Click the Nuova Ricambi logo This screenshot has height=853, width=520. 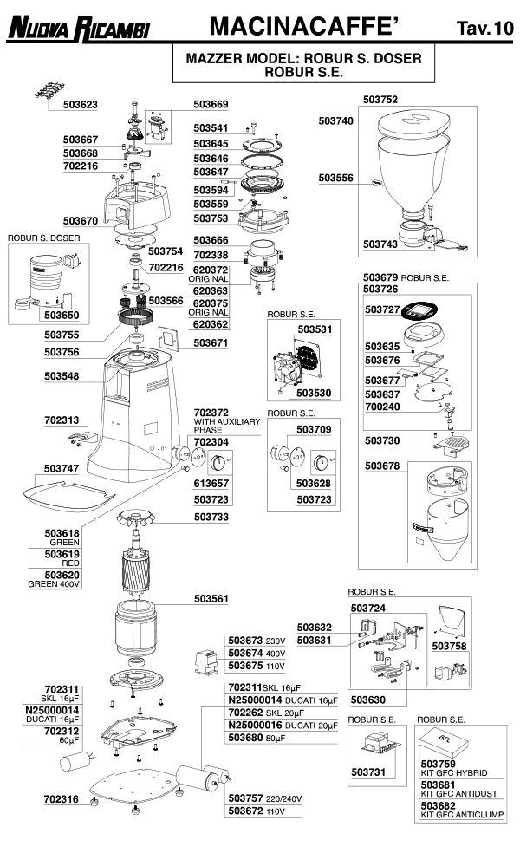point(79,28)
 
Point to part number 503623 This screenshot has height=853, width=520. point(80,105)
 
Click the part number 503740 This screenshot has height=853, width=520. point(335,121)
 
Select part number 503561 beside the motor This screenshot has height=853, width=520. point(211,598)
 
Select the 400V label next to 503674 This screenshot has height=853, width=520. point(274,652)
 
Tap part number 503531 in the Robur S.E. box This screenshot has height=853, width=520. point(315,329)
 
